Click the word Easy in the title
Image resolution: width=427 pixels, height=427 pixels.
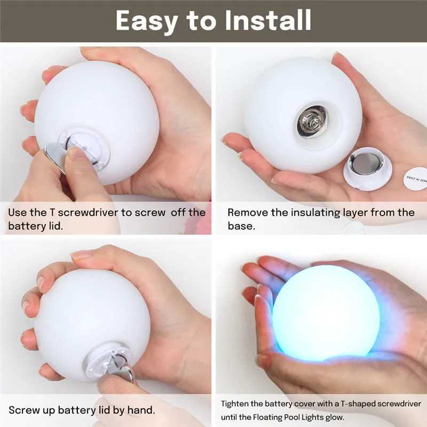point(146,21)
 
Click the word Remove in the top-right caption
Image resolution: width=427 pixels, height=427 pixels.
point(247,212)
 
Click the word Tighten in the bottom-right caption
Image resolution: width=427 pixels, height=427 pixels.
point(235,404)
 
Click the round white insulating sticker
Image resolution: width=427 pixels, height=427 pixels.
point(415,178)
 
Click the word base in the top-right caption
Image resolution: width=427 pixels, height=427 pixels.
point(240,226)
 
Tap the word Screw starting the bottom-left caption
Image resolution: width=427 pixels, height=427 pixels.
point(23,410)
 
